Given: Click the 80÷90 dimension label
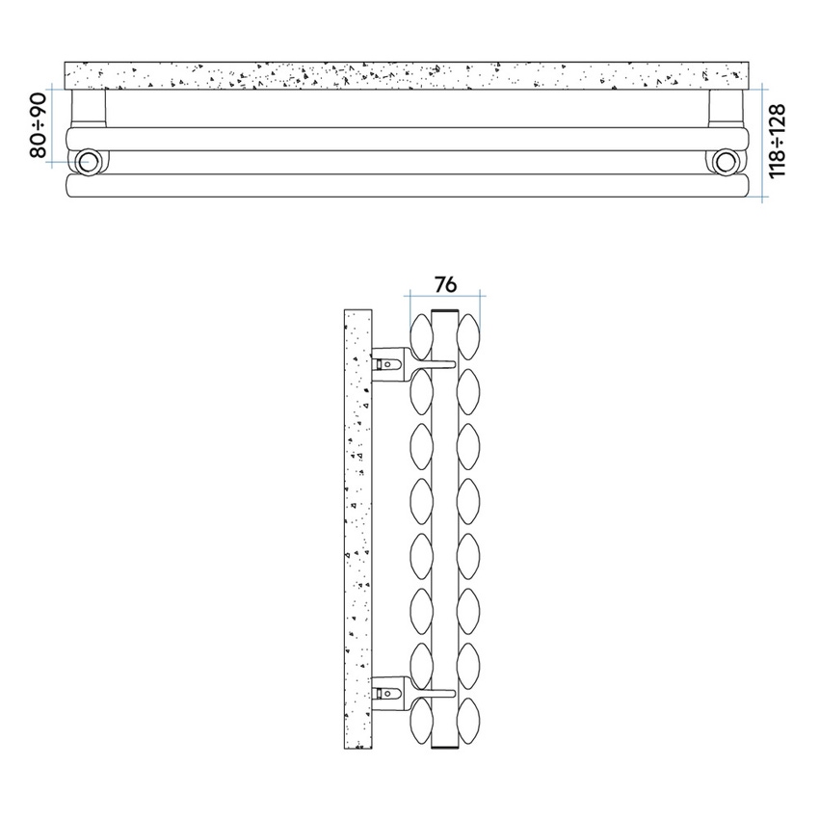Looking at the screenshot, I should click(38, 125).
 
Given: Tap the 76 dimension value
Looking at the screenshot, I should click(444, 284).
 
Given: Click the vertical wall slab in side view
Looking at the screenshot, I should click(357, 530).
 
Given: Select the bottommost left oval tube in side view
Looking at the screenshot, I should click(421, 719).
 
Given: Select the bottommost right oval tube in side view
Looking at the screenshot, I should click(469, 719).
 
